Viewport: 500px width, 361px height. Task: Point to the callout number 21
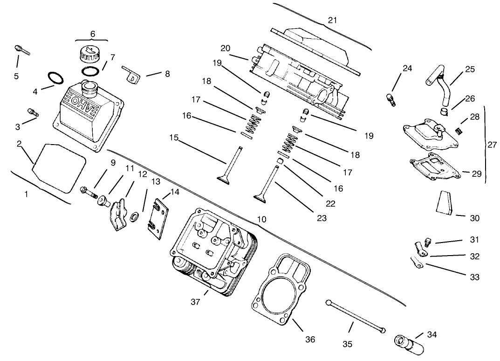coord(332,21)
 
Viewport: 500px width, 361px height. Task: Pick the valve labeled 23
coord(270,181)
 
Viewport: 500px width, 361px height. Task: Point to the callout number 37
coord(195,302)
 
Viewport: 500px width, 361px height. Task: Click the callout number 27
coord(492,145)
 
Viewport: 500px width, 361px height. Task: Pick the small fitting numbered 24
coord(390,99)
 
